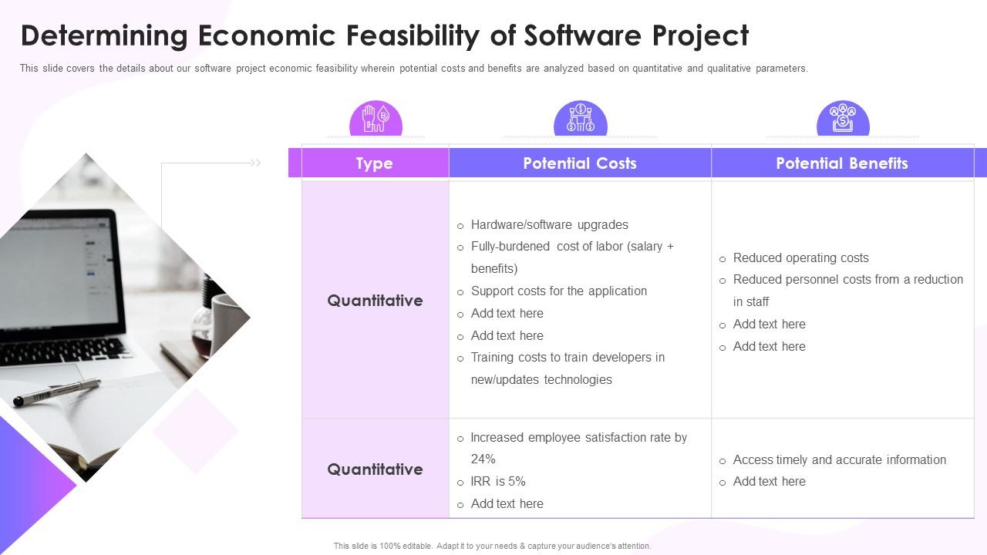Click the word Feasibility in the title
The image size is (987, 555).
(x=413, y=35)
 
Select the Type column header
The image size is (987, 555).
(x=375, y=163)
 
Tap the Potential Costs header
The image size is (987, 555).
(x=580, y=163)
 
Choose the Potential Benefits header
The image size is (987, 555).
(x=842, y=163)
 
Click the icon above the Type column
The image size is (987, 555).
(x=376, y=118)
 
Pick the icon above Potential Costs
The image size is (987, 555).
(x=581, y=118)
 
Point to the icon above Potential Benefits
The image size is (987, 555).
(x=843, y=118)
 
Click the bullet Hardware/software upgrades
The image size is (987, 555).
(x=550, y=224)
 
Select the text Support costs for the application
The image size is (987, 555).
(x=559, y=291)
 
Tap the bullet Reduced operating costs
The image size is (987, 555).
(x=800, y=257)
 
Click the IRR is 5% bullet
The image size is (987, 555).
(x=498, y=482)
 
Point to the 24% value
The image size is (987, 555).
(x=483, y=459)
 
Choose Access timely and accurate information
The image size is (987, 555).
(x=840, y=460)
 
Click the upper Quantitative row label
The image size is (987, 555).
(x=375, y=301)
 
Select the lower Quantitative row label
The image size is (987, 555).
(x=375, y=469)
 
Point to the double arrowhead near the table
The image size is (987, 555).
(x=255, y=163)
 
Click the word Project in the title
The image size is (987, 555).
(x=700, y=35)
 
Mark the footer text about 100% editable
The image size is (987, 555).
(x=492, y=547)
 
